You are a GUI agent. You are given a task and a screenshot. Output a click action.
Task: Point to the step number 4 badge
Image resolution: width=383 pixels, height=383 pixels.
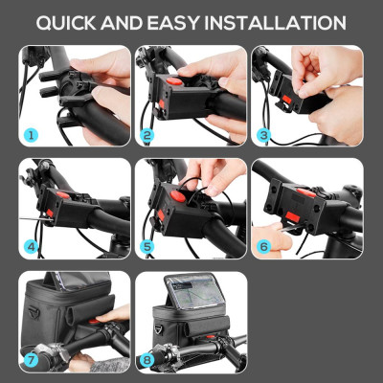coord(32,246)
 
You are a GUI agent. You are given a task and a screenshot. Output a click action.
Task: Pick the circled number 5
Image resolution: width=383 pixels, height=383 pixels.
coord(147,246)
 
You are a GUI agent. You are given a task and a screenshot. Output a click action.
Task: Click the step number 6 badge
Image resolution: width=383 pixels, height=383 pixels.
coord(263,246)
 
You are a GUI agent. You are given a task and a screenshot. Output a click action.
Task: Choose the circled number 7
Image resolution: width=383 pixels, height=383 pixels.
coord(32,361)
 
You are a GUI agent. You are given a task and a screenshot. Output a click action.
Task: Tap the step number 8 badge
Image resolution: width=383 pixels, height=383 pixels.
coord(147,361)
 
